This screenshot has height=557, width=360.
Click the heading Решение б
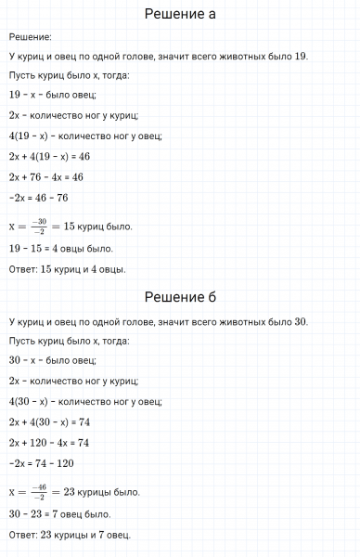(x=180, y=297)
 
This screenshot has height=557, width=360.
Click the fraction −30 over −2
(x=37, y=227)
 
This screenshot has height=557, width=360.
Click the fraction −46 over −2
(x=37, y=490)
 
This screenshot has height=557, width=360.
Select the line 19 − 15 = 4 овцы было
(x=60, y=249)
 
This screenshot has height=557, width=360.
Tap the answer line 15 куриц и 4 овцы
(x=67, y=269)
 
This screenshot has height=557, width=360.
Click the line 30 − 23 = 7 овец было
(x=59, y=513)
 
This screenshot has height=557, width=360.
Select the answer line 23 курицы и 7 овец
(x=70, y=534)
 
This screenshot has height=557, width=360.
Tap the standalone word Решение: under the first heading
(x=30, y=37)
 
